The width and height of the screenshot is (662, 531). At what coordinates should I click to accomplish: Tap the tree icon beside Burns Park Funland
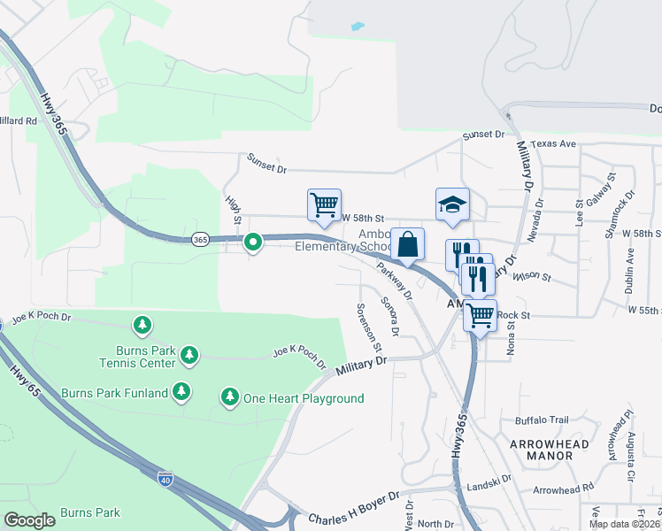[181, 390]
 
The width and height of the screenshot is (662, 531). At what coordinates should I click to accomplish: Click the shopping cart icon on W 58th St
[324, 204]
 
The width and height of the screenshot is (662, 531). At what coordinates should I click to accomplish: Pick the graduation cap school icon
[451, 204]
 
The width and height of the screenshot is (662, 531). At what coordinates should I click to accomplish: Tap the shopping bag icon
[407, 244]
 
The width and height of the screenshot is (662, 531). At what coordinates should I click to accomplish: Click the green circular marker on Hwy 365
[252, 241]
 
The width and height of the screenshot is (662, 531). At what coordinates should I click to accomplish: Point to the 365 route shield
[199, 240]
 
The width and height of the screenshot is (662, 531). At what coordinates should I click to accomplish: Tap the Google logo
[29, 520]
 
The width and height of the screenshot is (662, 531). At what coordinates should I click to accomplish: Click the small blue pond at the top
[357, 26]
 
